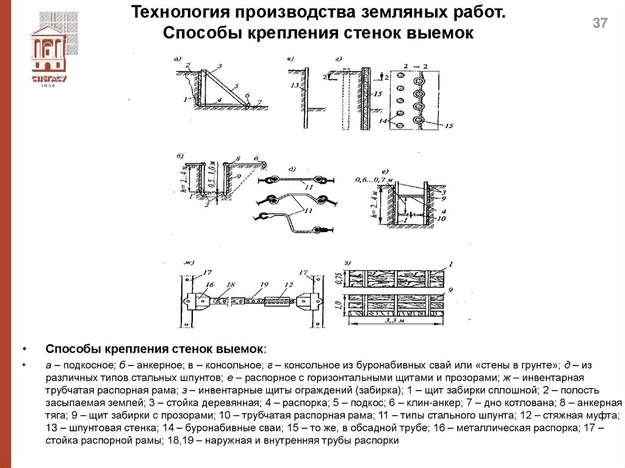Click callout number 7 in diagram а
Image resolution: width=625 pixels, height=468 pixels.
[x=259, y=102]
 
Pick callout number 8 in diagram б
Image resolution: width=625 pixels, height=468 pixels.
[x=239, y=158]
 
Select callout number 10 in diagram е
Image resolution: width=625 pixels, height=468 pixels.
[x=441, y=218]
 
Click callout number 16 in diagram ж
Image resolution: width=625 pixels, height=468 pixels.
[x=209, y=284]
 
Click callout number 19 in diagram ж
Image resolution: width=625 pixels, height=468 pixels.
[x=263, y=285]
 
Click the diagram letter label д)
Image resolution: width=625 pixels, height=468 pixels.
[x=291, y=169]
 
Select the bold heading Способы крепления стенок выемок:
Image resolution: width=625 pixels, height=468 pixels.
[x=156, y=349]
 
